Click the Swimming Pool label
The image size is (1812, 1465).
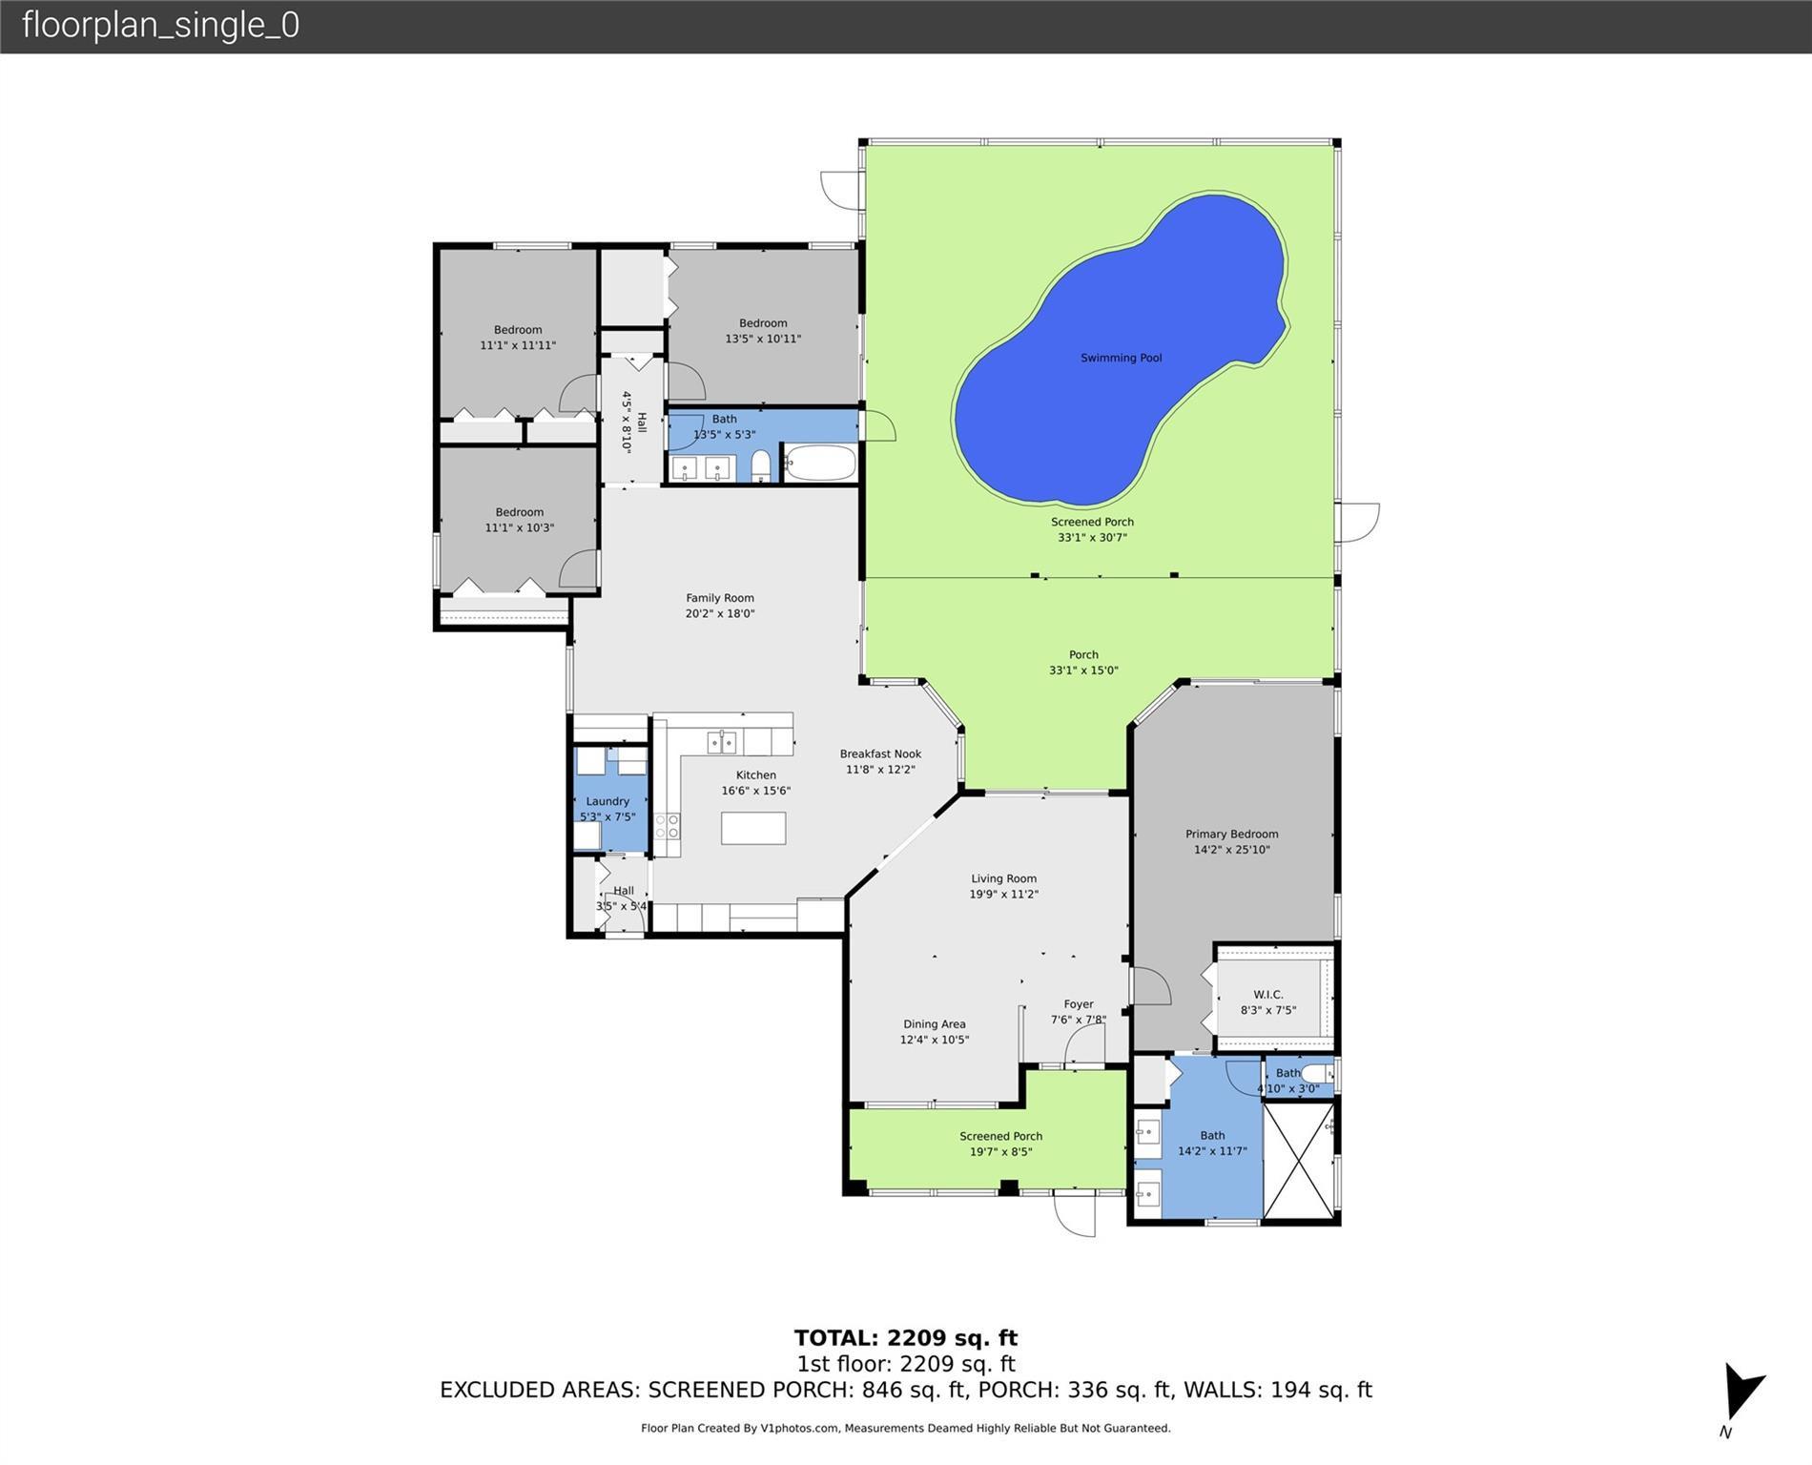click(x=1121, y=358)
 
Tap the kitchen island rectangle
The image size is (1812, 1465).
click(x=753, y=828)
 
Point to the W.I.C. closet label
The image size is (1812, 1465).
click(x=1267, y=995)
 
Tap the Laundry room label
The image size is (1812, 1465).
click(x=607, y=801)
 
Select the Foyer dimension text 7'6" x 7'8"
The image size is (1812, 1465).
click(x=1078, y=1020)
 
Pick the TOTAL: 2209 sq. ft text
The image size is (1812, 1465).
click(x=905, y=1338)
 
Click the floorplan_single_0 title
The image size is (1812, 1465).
click(x=160, y=25)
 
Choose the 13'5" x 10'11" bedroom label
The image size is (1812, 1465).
click(x=763, y=331)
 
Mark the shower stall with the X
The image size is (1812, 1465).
click(x=1299, y=1161)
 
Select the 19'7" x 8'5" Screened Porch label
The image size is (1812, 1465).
click(x=1000, y=1144)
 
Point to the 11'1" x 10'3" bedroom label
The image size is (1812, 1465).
click(x=519, y=520)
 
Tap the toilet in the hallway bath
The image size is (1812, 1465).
click(x=761, y=466)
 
